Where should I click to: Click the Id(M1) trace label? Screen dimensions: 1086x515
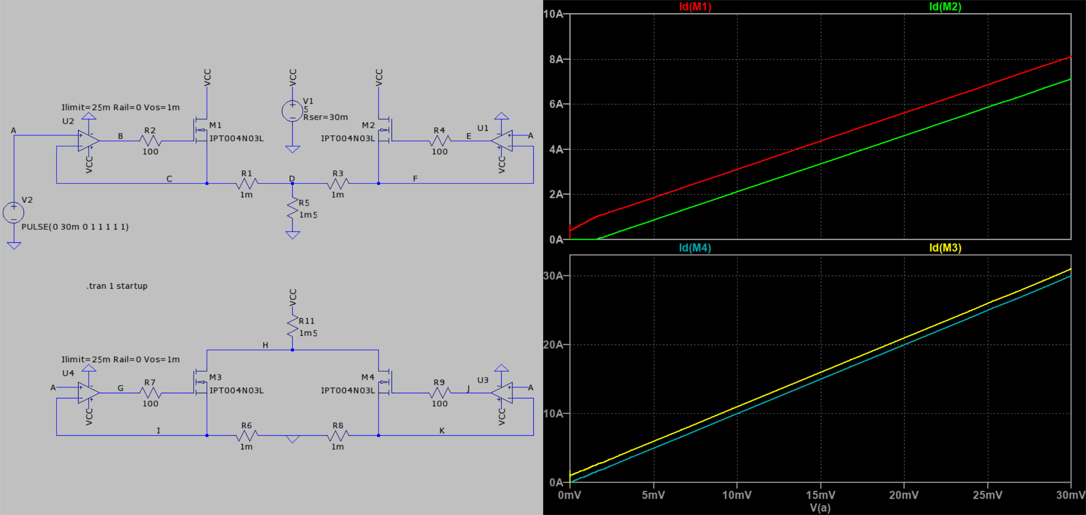point(695,7)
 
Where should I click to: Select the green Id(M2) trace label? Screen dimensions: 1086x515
point(945,7)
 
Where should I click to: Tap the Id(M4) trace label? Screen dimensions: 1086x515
point(695,247)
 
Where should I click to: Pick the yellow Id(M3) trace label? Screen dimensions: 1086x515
point(945,247)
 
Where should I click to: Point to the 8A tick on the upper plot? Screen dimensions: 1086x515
point(556,59)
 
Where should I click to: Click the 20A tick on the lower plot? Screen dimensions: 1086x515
point(553,345)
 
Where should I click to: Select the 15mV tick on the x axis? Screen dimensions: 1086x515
point(820,495)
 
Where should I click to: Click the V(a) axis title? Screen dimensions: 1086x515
point(820,508)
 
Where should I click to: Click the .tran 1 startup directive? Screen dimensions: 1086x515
point(117,286)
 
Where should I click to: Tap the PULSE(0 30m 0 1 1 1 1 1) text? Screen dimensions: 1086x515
point(75,227)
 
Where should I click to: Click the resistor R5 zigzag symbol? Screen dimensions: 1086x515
point(293,209)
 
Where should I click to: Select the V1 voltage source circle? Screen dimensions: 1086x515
point(293,111)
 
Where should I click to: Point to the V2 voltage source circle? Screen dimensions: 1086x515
point(13,213)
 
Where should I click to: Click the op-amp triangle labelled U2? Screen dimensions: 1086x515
point(88,141)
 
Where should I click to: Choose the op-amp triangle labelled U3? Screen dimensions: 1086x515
point(502,393)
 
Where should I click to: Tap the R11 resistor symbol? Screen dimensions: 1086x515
point(293,327)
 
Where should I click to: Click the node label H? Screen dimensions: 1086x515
point(265,345)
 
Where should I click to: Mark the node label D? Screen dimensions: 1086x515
point(292,179)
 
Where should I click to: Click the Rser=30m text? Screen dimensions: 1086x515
point(326,117)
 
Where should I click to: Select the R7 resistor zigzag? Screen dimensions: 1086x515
point(150,393)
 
